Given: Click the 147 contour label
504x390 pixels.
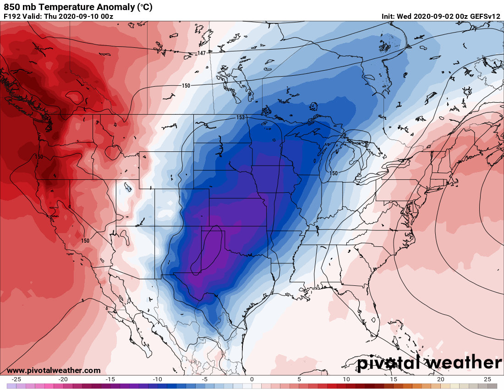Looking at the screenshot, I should click(201, 54).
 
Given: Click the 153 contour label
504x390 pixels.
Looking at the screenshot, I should click(241, 117).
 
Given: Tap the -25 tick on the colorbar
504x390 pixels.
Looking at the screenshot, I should click(16, 379).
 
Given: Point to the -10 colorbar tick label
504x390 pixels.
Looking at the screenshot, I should click(158, 379).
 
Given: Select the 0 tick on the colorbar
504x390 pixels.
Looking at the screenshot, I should click(252, 379).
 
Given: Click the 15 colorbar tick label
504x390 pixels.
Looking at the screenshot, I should click(393, 379).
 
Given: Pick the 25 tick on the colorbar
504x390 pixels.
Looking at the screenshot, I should click(487, 379).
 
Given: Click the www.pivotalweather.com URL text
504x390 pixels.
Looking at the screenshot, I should click(54, 370).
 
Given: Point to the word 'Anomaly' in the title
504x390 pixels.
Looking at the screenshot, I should click(107, 7).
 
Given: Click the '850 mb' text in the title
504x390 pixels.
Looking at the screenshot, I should click(18, 7).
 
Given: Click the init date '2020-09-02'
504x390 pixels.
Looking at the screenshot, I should click(434, 17).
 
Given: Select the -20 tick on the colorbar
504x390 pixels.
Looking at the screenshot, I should click(63, 379).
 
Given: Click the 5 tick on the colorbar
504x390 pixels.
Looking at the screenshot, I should click(299, 379).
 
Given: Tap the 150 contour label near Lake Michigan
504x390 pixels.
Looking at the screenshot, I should click(333, 173).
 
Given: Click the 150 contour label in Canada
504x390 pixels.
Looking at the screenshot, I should click(186, 86).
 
